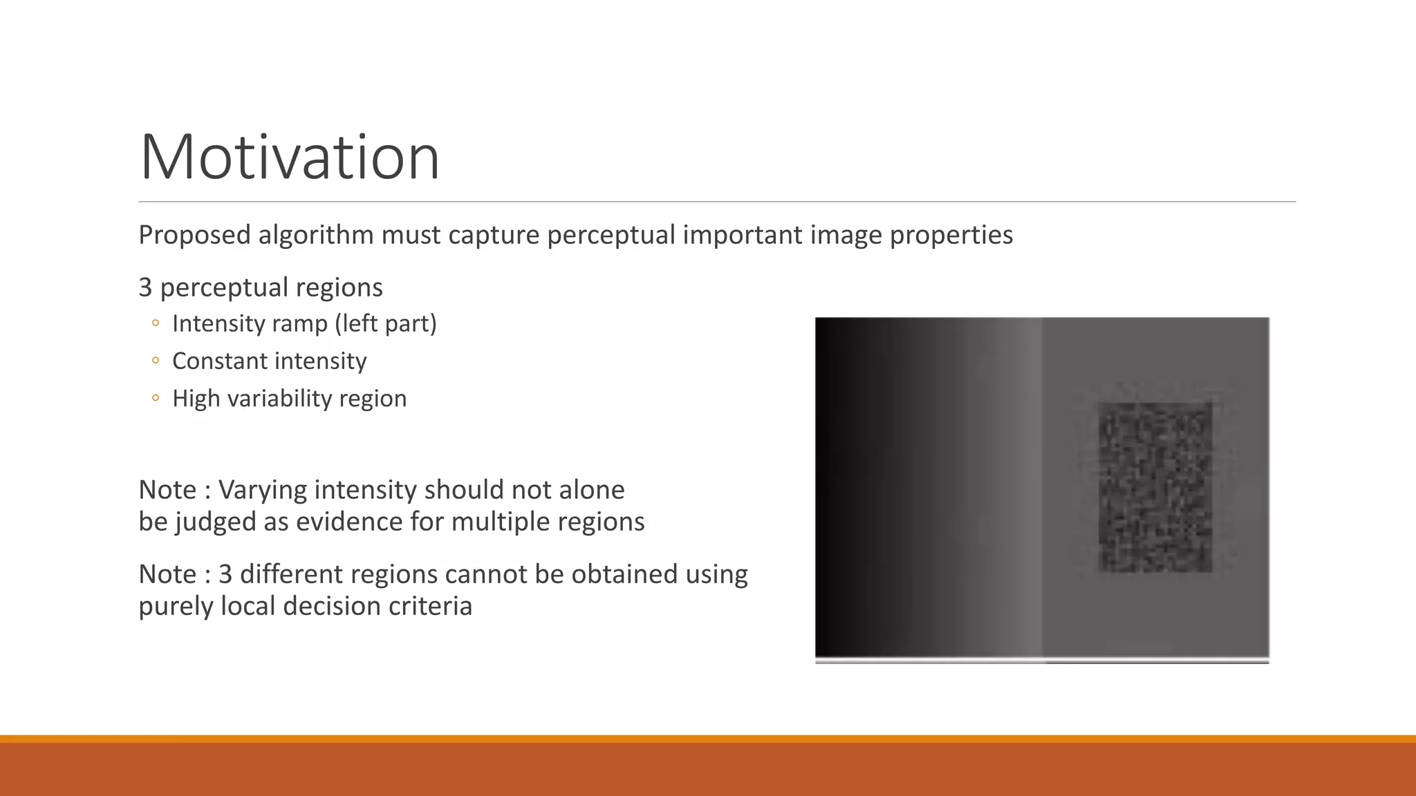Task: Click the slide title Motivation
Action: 290,158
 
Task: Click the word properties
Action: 951,236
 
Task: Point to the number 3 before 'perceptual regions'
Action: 145,287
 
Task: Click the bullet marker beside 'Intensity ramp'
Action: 156,323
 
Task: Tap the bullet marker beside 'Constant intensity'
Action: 156,361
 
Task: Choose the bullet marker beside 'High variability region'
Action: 156,398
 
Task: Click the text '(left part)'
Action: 386,323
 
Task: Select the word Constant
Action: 217,361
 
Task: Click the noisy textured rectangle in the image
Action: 1155,488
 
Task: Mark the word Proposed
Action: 194,236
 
